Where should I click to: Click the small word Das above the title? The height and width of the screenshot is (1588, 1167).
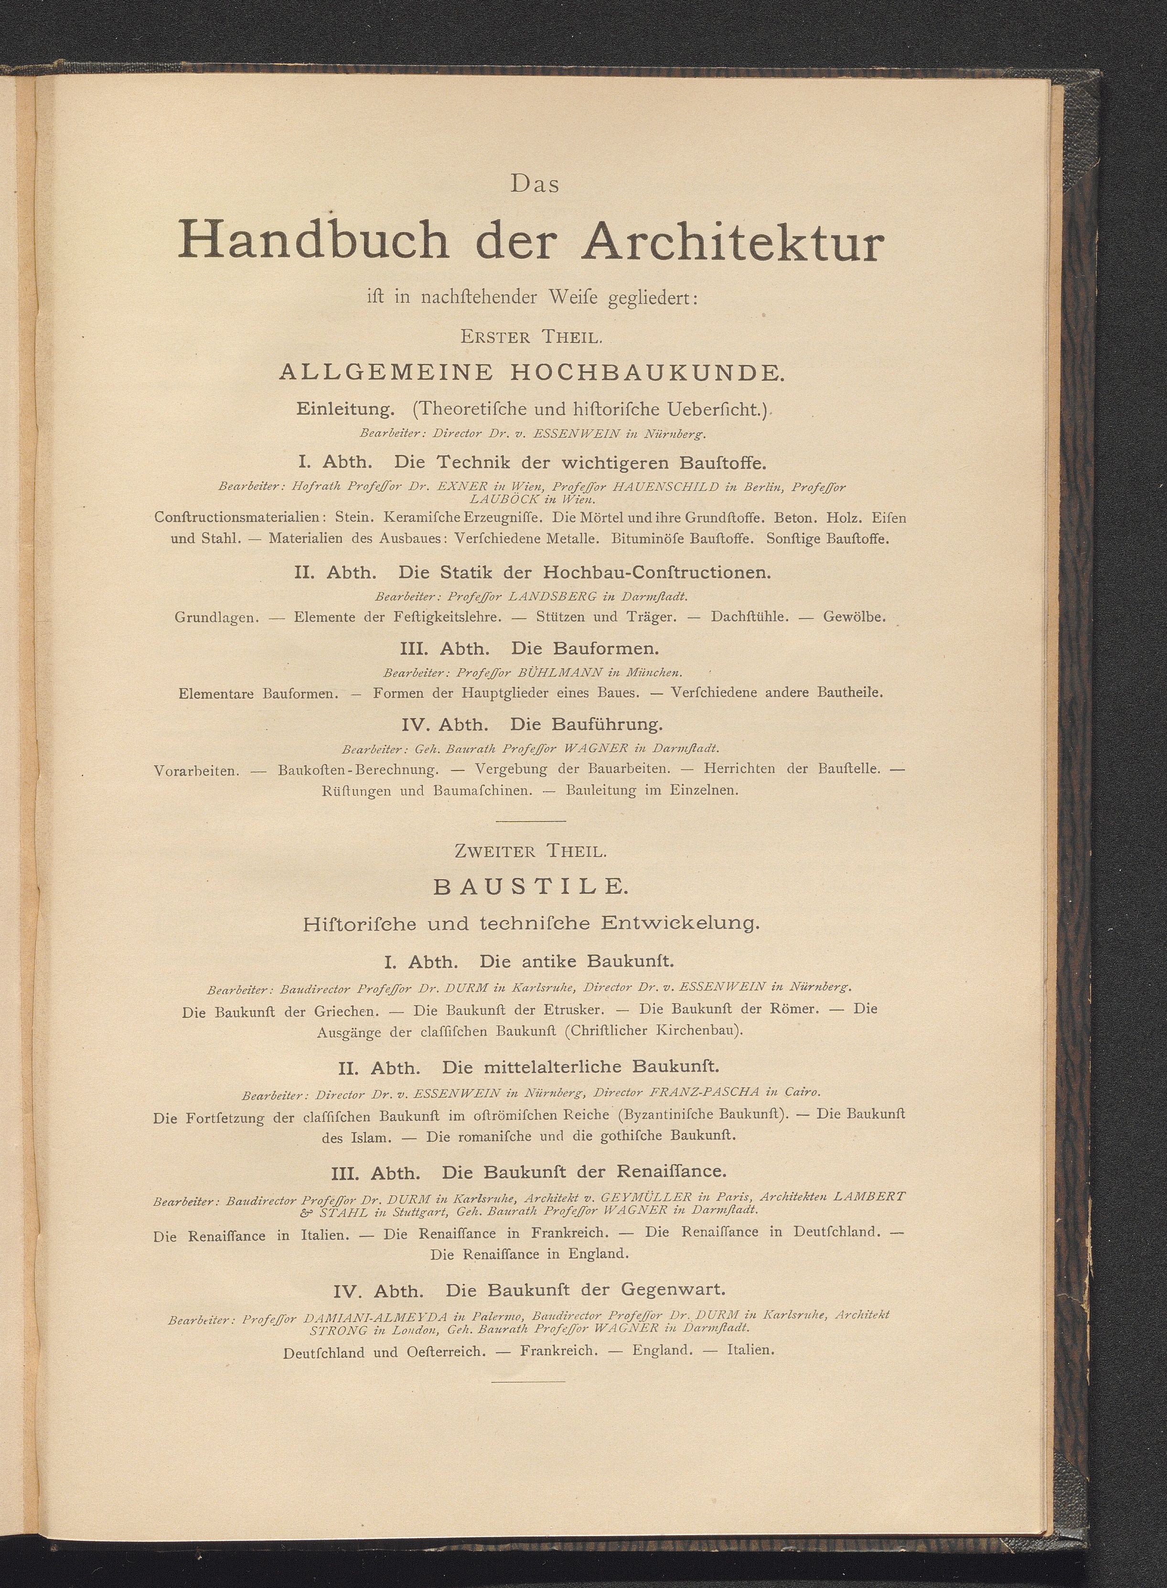535,185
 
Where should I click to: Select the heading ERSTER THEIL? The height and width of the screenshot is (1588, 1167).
531,336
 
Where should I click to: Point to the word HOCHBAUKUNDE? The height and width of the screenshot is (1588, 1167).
646,373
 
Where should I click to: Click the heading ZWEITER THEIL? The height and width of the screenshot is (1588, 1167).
531,851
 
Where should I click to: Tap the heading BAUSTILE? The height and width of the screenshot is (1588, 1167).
530,887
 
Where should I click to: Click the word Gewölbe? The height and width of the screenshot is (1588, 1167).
854,617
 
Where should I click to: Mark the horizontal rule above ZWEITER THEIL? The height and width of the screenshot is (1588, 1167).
531,821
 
